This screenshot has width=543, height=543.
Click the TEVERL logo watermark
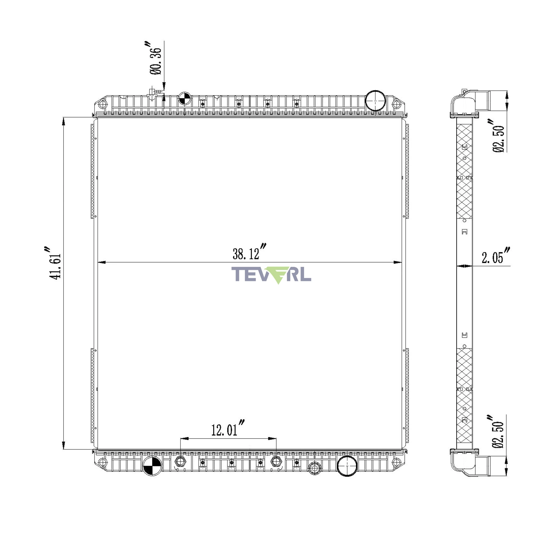[x=271, y=275]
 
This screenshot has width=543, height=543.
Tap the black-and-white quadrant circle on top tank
[x=185, y=98]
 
